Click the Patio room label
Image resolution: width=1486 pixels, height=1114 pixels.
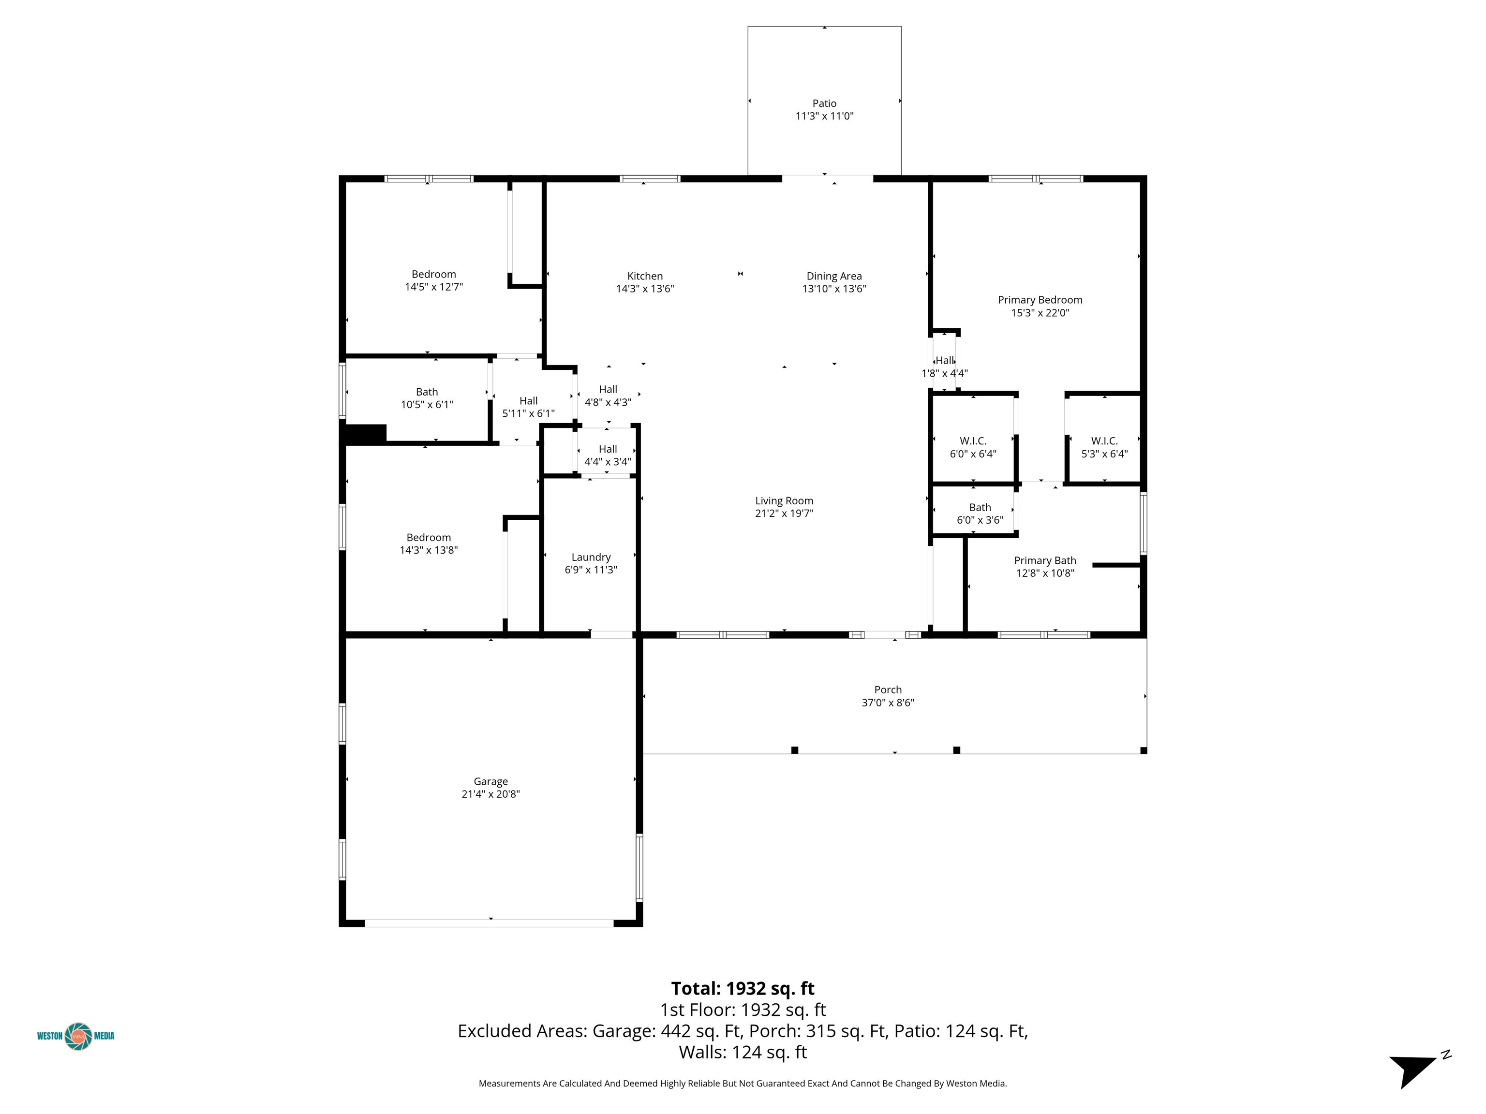[824, 103]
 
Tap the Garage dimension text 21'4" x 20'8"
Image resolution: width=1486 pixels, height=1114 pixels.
[490, 794]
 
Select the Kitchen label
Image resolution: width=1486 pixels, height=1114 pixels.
[645, 276]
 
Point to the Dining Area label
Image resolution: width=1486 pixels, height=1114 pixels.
[833, 276]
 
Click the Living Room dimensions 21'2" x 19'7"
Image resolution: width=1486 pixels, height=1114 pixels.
[784, 513]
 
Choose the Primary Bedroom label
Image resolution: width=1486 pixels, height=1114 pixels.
[1040, 300]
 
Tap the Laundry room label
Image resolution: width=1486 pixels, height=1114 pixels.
[591, 557]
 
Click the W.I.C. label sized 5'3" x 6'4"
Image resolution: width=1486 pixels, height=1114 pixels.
[1104, 441]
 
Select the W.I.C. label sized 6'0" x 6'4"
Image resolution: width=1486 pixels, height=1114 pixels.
[973, 441]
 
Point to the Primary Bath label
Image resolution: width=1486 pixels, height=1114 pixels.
[1045, 561]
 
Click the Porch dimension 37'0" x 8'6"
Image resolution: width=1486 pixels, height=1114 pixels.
[888, 703]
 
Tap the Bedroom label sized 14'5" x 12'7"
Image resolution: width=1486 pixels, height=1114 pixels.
[433, 274]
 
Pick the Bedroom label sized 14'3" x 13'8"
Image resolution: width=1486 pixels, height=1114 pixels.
[429, 537]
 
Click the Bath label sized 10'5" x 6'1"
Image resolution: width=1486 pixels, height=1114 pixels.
[427, 392]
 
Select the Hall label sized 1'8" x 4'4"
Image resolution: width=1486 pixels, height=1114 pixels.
[945, 361]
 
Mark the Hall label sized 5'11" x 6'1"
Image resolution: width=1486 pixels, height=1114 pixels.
[528, 401]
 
